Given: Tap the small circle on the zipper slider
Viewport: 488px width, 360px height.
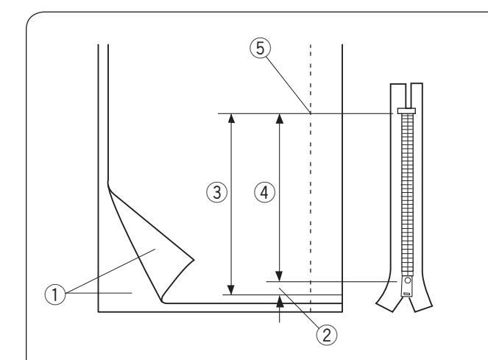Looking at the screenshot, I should (404, 281).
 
